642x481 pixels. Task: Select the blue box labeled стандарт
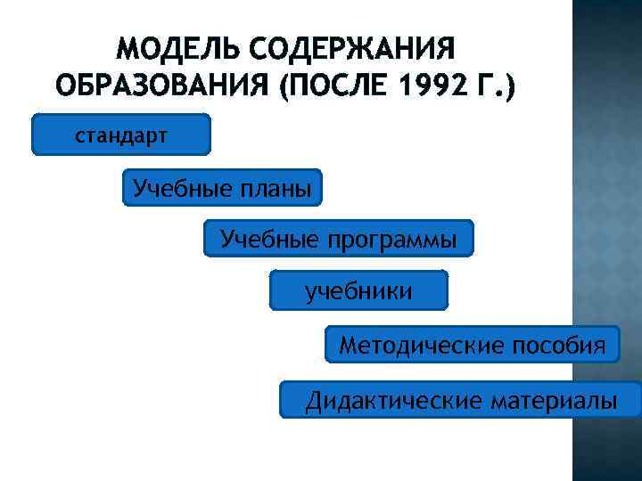coord(121,135)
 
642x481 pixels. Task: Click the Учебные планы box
coord(222,188)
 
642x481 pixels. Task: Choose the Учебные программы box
coord(339,239)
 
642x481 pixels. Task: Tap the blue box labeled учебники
coord(358,291)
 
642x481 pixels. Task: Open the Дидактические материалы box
coord(461,401)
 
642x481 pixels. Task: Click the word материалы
coord(553,401)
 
